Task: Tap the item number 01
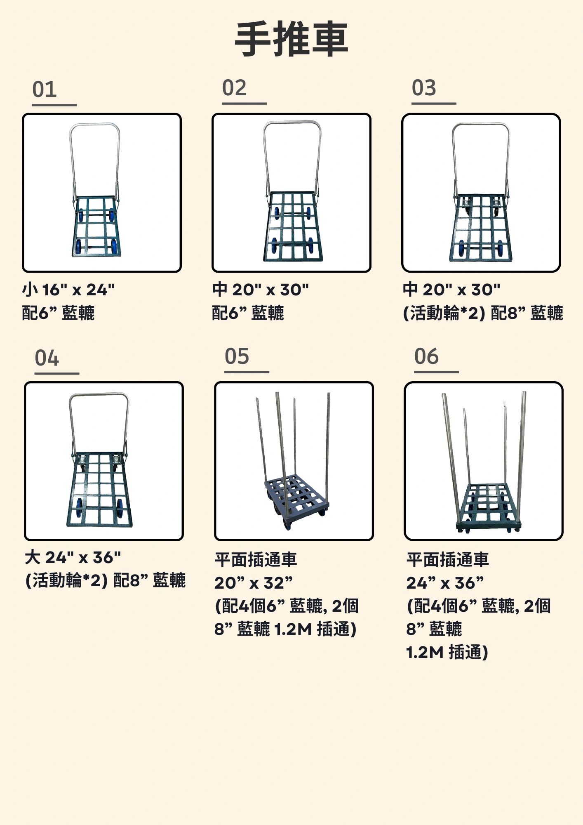pos(45,90)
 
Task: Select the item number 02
pos(234,88)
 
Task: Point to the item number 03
pos(424,88)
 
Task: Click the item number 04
pos(47,358)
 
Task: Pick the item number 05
pos(237,356)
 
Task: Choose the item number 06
pos(427,356)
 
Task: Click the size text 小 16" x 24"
pos(68,290)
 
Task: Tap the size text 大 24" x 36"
pos(73,558)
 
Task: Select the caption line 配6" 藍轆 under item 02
pos(248,313)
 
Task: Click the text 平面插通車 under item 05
pos(256,560)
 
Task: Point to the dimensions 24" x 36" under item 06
pos(445,583)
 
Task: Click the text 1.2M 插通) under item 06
pos(447,652)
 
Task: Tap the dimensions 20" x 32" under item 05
pos(254,583)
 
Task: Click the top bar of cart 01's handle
pos(95,125)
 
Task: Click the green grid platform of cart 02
pos(293,226)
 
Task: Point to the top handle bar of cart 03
pos(481,124)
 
